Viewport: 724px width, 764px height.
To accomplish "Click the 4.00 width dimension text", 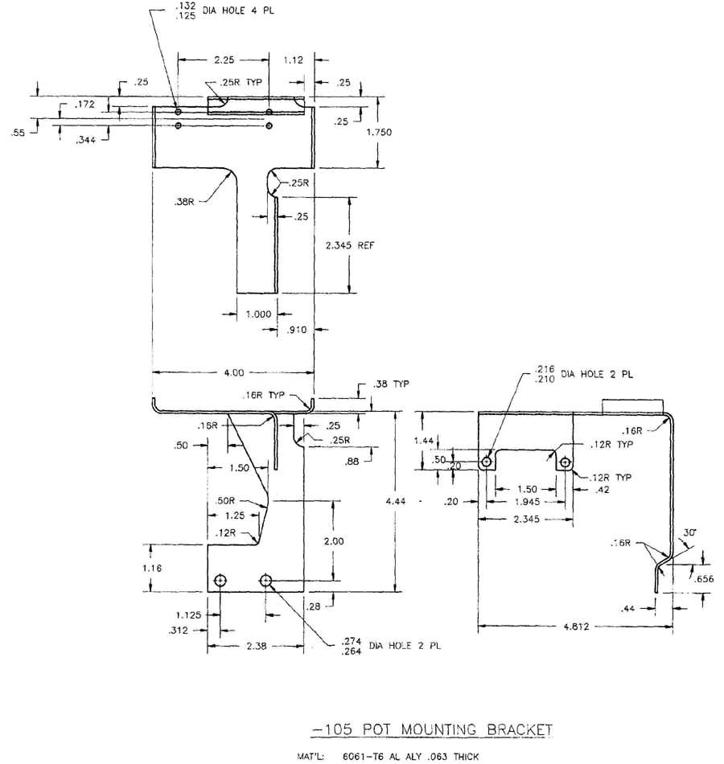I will click(x=234, y=372).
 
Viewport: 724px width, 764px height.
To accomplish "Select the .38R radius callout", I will click(x=184, y=202).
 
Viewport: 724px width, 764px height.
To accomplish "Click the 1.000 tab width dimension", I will click(x=258, y=314).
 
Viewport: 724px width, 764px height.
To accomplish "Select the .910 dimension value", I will click(x=298, y=330).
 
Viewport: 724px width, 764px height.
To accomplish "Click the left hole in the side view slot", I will click(x=487, y=462).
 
